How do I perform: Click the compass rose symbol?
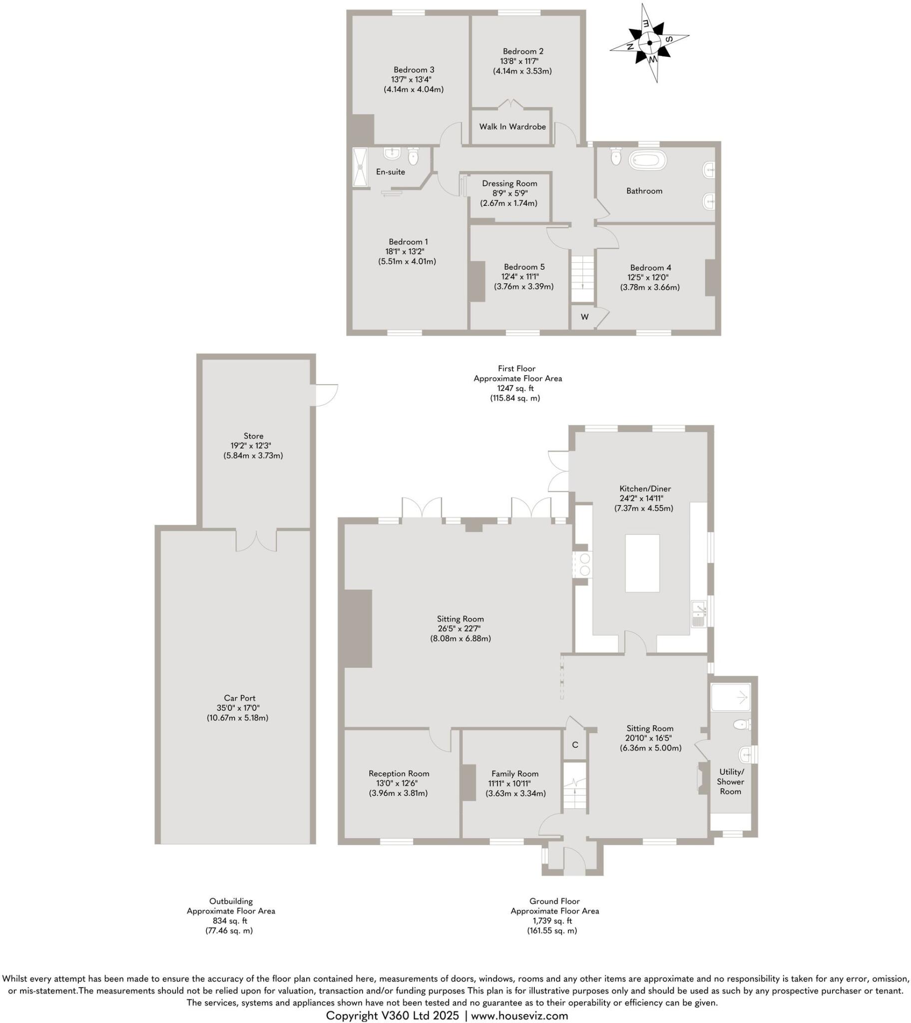[x=649, y=43]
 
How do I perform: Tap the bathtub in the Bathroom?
[x=648, y=161]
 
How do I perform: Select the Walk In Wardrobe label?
[x=512, y=126]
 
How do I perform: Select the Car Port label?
[x=240, y=698]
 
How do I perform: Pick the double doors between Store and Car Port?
[x=256, y=541]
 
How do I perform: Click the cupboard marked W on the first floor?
[x=584, y=317]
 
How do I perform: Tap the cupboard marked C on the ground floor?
[x=575, y=745]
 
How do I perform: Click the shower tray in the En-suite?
[x=360, y=167]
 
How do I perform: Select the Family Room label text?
[x=514, y=773]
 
